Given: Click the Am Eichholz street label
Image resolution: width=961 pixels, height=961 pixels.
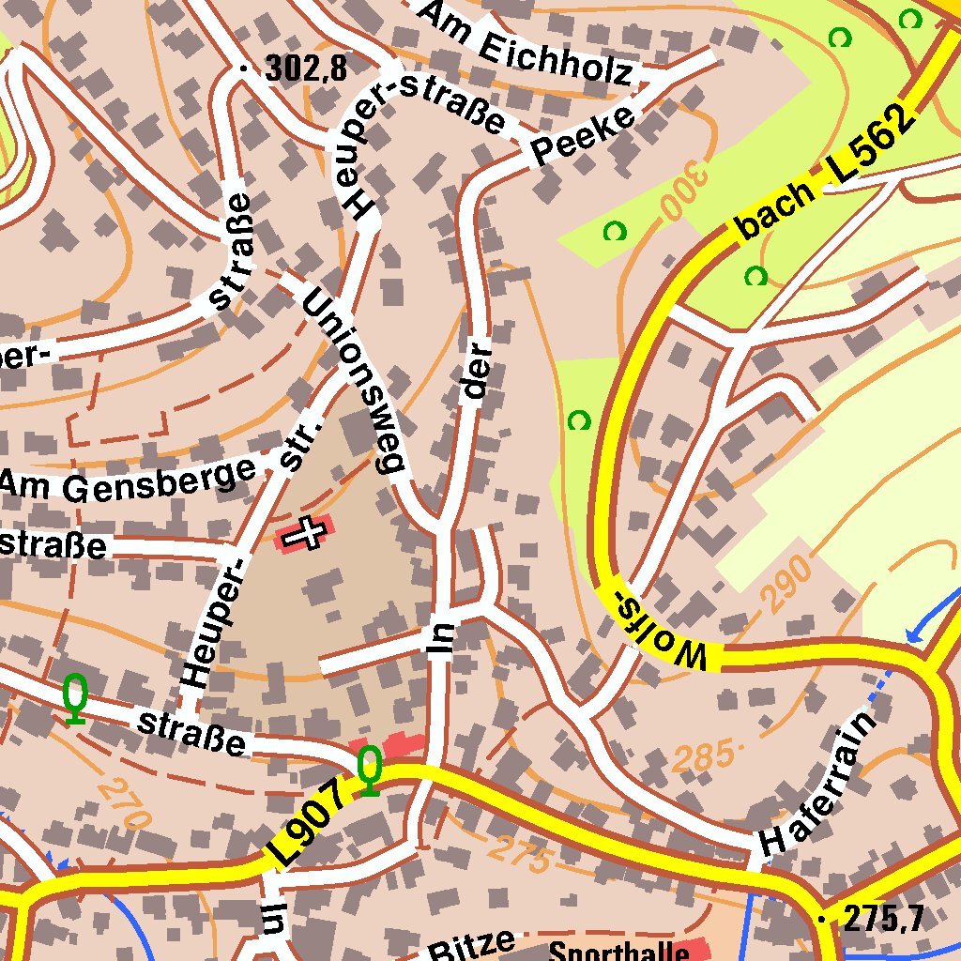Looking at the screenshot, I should click(x=526, y=46).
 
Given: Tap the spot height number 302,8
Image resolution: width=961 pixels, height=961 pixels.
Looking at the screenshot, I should click(x=306, y=69).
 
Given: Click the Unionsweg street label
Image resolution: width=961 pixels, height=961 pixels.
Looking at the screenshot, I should click(x=354, y=379).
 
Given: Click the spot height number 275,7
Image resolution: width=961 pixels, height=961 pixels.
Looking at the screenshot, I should click(x=882, y=919).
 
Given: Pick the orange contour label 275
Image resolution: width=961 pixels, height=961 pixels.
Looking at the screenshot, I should click(x=518, y=854).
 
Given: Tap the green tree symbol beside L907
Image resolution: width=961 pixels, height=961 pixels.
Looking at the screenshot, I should click(x=370, y=770).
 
